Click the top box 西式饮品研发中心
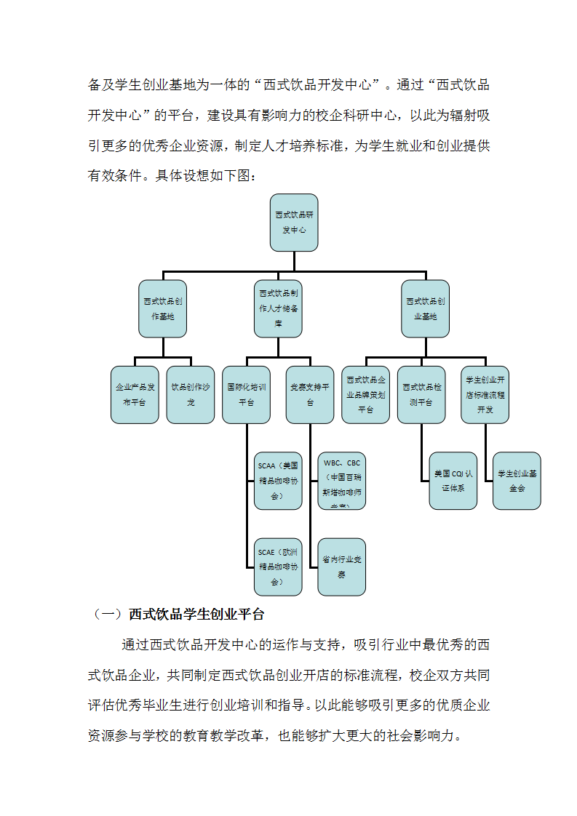pos(293,223)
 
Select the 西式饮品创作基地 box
pos(163,308)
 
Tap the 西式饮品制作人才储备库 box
pos(278,308)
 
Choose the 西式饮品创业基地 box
pos(426,308)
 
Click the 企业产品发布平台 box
pos(135,394)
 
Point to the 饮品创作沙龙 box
pos(191,394)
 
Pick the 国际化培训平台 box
pos(246,394)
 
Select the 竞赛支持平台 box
pos(310,394)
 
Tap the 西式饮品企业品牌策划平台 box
pos(365,394)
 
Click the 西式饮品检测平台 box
pos(421,394)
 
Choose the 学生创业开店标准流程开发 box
pos(485,394)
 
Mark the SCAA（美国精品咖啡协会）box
pos(278,480)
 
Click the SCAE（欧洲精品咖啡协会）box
pos(278,567)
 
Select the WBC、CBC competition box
pos(342,480)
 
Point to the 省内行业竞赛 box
pos(342,567)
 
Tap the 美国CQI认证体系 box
pos(453,480)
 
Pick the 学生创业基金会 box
pos(517,480)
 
